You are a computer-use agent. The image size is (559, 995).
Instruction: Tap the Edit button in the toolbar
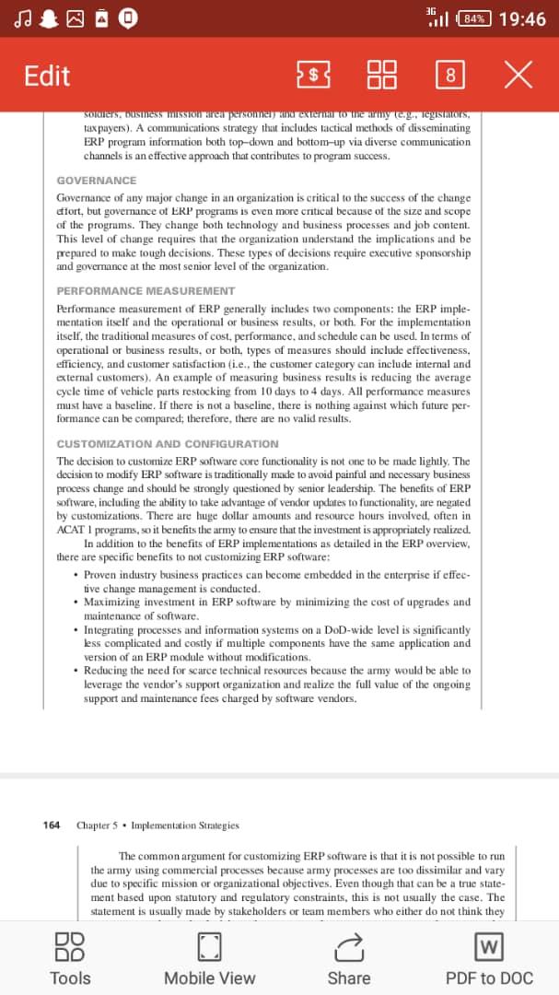tap(47, 76)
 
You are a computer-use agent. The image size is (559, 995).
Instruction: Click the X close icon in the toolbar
tap(518, 76)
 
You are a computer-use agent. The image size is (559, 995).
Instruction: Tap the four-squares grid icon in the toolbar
tap(382, 76)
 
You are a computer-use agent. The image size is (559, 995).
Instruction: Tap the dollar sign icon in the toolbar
tap(314, 76)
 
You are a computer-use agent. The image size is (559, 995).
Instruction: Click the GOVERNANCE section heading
tap(96, 181)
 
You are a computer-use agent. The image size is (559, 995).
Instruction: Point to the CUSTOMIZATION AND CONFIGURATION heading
tap(167, 444)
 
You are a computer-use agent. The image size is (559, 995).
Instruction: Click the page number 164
tap(52, 825)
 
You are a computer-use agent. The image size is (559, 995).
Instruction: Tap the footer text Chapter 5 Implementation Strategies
tap(157, 825)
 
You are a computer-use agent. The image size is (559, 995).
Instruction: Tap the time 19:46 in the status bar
tap(521, 18)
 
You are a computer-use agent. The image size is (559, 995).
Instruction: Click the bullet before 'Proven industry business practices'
tap(74, 575)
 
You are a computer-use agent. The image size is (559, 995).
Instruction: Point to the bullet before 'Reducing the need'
tap(74, 671)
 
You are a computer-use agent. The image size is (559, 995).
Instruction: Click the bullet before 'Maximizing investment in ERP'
tap(74, 603)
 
